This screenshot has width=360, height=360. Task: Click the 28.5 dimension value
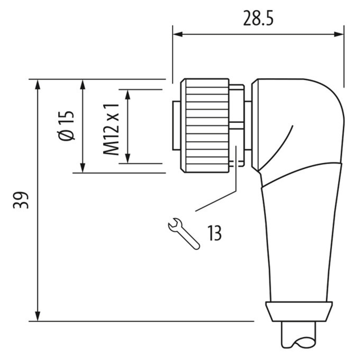(x=258, y=18)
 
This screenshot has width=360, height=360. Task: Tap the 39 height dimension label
(x=21, y=200)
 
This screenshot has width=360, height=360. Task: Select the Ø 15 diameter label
(x=67, y=126)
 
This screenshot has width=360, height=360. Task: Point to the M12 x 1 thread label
(x=111, y=129)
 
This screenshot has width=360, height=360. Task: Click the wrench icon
(x=184, y=233)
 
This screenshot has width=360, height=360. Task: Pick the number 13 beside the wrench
(x=215, y=233)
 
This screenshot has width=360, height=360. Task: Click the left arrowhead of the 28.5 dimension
(x=178, y=34)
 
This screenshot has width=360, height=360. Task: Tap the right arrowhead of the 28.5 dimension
(x=339, y=34)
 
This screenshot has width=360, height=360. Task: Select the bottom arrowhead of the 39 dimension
(x=38, y=316)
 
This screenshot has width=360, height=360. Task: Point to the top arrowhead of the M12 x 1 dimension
(x=128, y=94)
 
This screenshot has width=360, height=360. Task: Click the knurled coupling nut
(x=205, y=126)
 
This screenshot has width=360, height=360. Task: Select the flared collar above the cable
(x=299, y=311)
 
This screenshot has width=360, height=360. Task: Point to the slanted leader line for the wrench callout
(x=216, y=201)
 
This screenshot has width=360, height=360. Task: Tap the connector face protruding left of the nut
(x=177, y=126)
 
